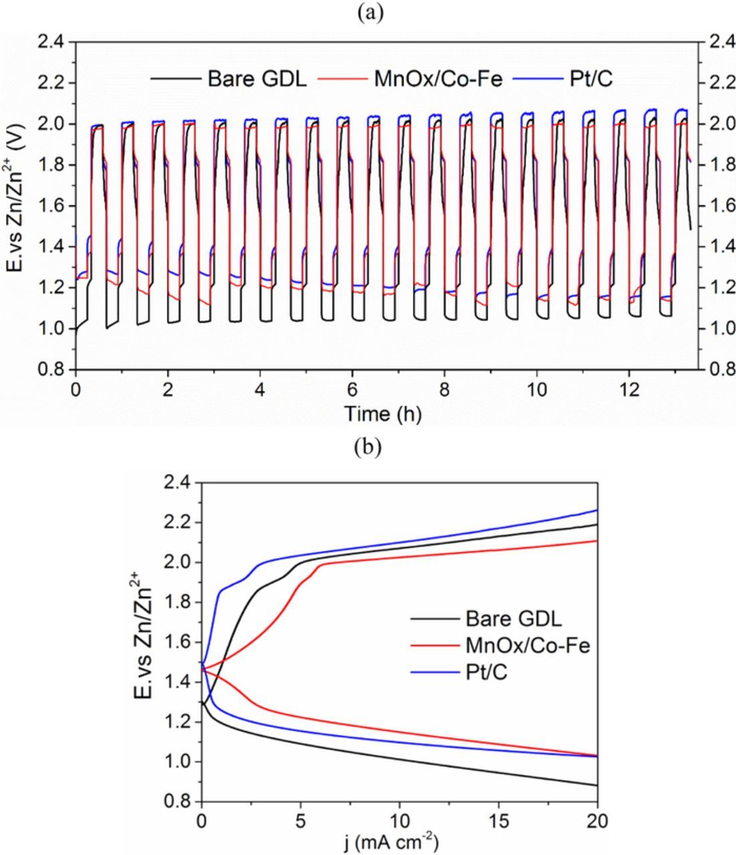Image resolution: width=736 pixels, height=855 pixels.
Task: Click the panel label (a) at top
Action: tap(367, 13)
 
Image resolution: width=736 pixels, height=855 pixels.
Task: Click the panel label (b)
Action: tap(367, 447)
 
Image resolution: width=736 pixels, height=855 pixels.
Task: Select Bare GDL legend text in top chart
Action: tap(257, 79)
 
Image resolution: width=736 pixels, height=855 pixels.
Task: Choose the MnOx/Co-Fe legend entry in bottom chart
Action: tap(528, 645)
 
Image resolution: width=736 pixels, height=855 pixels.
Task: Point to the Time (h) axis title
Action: tap(383, 414)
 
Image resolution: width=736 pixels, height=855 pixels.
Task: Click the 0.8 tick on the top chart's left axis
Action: tap(54, 369)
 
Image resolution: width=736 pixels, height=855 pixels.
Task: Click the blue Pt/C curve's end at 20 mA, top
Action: tap(596, 510)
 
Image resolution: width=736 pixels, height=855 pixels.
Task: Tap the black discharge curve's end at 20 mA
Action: tap(596, 785)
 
